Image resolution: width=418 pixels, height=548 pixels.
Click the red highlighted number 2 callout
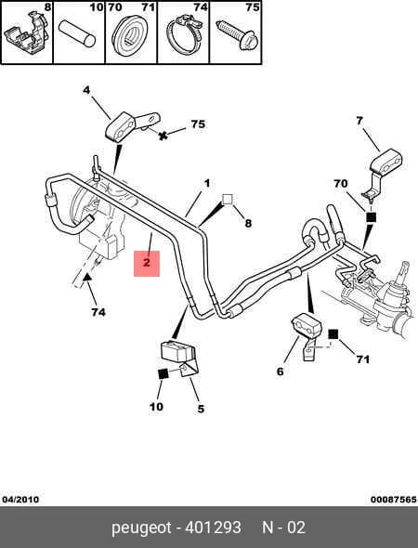point(147,263)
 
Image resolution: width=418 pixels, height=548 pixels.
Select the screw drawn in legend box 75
point(237,34)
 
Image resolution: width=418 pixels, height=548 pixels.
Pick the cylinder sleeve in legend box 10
point(77,33)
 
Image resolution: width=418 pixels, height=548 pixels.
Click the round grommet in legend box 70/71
point(130,36)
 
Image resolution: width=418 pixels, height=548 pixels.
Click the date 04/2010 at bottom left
point(20,500)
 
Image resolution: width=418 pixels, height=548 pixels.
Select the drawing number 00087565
point(394,500)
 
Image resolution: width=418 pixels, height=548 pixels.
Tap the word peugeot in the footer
point(141,528)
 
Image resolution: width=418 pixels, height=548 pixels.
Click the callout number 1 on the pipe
point(207,183)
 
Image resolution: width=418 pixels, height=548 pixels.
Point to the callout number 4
point(86,90)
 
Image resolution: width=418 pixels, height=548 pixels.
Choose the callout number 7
point(359,121)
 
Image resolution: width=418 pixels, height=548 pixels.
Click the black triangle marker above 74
point(87,277)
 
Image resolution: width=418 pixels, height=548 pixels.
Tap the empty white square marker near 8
point(228,199)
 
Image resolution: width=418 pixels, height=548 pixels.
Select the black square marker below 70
point(371,217)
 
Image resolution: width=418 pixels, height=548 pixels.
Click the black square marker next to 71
point(333,334)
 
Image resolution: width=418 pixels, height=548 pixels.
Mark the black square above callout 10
point(163,373)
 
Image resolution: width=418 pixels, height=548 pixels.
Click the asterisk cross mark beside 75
point(163,136)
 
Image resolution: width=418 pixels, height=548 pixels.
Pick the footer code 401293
point(213,528)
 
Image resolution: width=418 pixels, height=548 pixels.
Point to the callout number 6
point(280,372)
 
